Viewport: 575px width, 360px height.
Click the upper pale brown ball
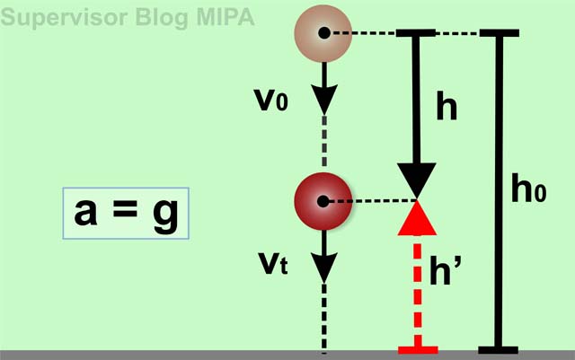(x=323, y=33)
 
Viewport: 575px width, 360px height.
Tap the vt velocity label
(x=269, y=265)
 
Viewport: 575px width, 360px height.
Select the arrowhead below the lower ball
(x=323, y=265)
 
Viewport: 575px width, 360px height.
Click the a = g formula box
(x=126, y=214)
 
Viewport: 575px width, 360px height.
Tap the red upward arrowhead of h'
(x=417, y=218)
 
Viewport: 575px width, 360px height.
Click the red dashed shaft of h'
(x=417, y=287)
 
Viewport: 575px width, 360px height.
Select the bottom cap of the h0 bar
(x=500, y=348)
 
